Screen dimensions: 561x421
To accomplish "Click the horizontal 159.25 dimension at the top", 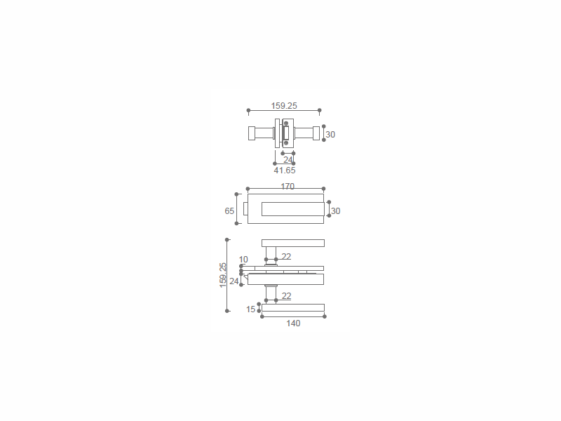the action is click(x=284, y=106).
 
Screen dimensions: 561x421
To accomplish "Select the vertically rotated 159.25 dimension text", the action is click(x=223, y=275).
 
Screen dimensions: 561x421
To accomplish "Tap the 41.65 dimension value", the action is click(x=285, y=171).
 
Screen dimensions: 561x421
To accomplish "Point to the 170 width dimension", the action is click(x=288, y=187).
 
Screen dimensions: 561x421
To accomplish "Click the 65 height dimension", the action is click(x=229, y=211).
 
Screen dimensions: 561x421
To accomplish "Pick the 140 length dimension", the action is click(x=293, y=323).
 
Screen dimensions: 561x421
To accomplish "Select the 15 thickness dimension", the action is click(x=251, y=309).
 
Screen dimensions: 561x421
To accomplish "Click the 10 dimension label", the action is click(x=243, y=259).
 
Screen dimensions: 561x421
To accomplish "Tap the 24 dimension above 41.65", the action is click(x=288, y=159).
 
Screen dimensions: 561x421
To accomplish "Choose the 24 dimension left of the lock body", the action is click(x=234, y=281).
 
